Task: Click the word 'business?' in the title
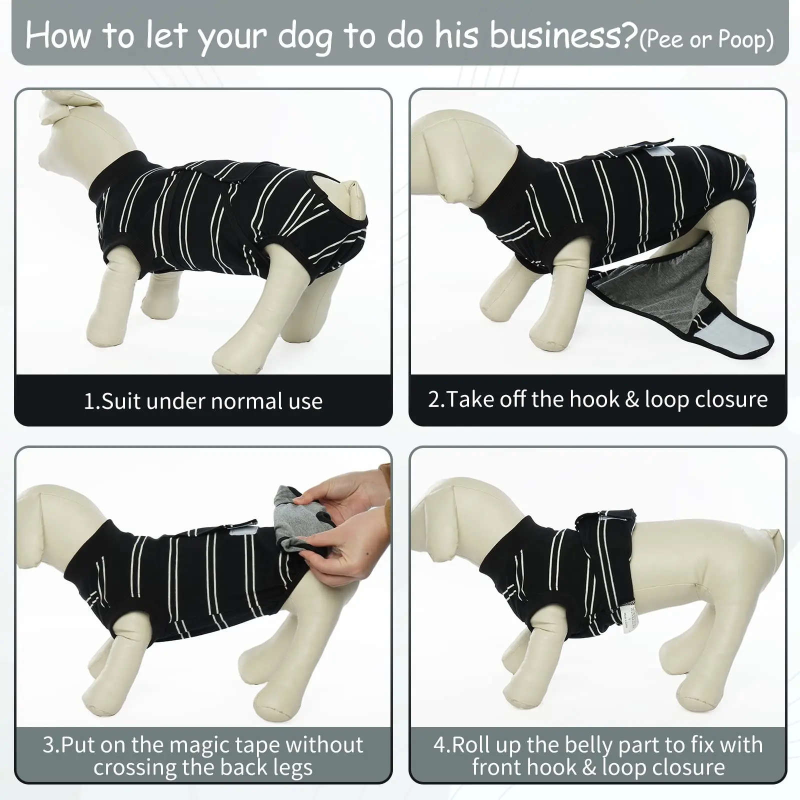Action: [x=563, y=36]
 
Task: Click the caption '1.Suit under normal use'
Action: [x=203, y=401]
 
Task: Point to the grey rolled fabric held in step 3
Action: [x=290, y=520]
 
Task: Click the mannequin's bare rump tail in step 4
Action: [x=772, y=542]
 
